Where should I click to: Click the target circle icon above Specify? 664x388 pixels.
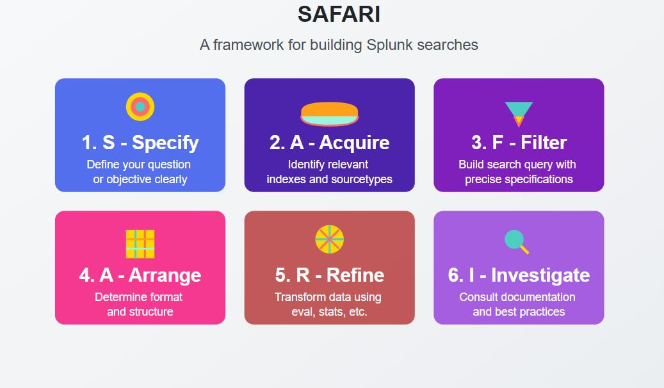(140, 107)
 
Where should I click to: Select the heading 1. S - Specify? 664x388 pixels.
(140, 142)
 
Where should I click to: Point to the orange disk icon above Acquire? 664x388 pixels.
(329, 113)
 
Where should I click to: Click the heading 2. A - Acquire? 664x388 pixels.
(329, 142)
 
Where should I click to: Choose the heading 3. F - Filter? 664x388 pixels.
(519, 142)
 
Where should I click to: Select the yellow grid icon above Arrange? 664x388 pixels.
(140, 243)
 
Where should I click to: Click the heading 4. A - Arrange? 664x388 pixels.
(140, 275)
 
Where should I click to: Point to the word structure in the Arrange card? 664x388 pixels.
(149, 312)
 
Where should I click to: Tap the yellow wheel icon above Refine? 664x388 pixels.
(329, 239)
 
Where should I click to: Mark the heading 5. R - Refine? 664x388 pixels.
(329, 275)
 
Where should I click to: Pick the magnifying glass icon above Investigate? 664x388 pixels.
(516, 241)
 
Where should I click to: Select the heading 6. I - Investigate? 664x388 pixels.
(519, 275)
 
